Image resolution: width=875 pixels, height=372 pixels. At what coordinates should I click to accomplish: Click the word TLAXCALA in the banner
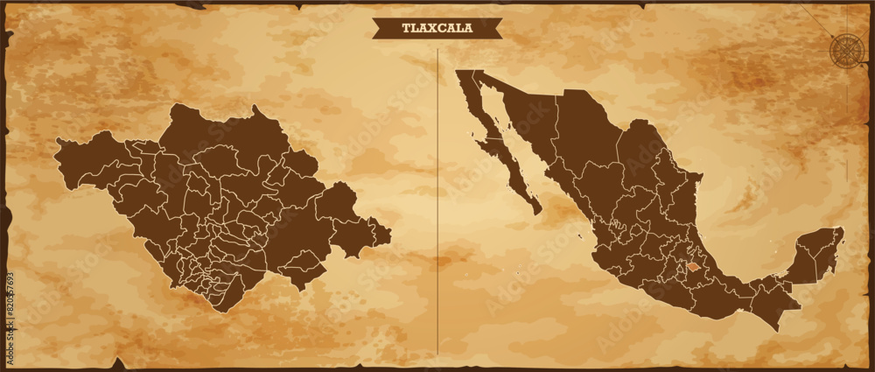(437, 28)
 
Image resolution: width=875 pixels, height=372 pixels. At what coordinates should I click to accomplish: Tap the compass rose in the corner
(845, 48)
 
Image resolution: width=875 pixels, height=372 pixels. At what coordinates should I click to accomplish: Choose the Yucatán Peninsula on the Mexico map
(818, 254)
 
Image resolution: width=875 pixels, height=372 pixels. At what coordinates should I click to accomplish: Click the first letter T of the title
(405, 28)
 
